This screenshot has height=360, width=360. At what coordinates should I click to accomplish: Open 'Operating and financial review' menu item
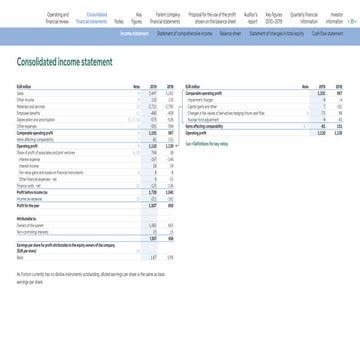pyautogui.click(x=69, y=17)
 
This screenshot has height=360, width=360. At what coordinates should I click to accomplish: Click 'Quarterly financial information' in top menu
pyautogui.click(x=305, y=17)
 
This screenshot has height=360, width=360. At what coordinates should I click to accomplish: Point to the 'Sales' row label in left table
pyautogui.click(x=22, y=94)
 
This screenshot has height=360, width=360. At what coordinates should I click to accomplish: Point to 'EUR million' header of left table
pyautogui.click(x=27, y=88)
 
